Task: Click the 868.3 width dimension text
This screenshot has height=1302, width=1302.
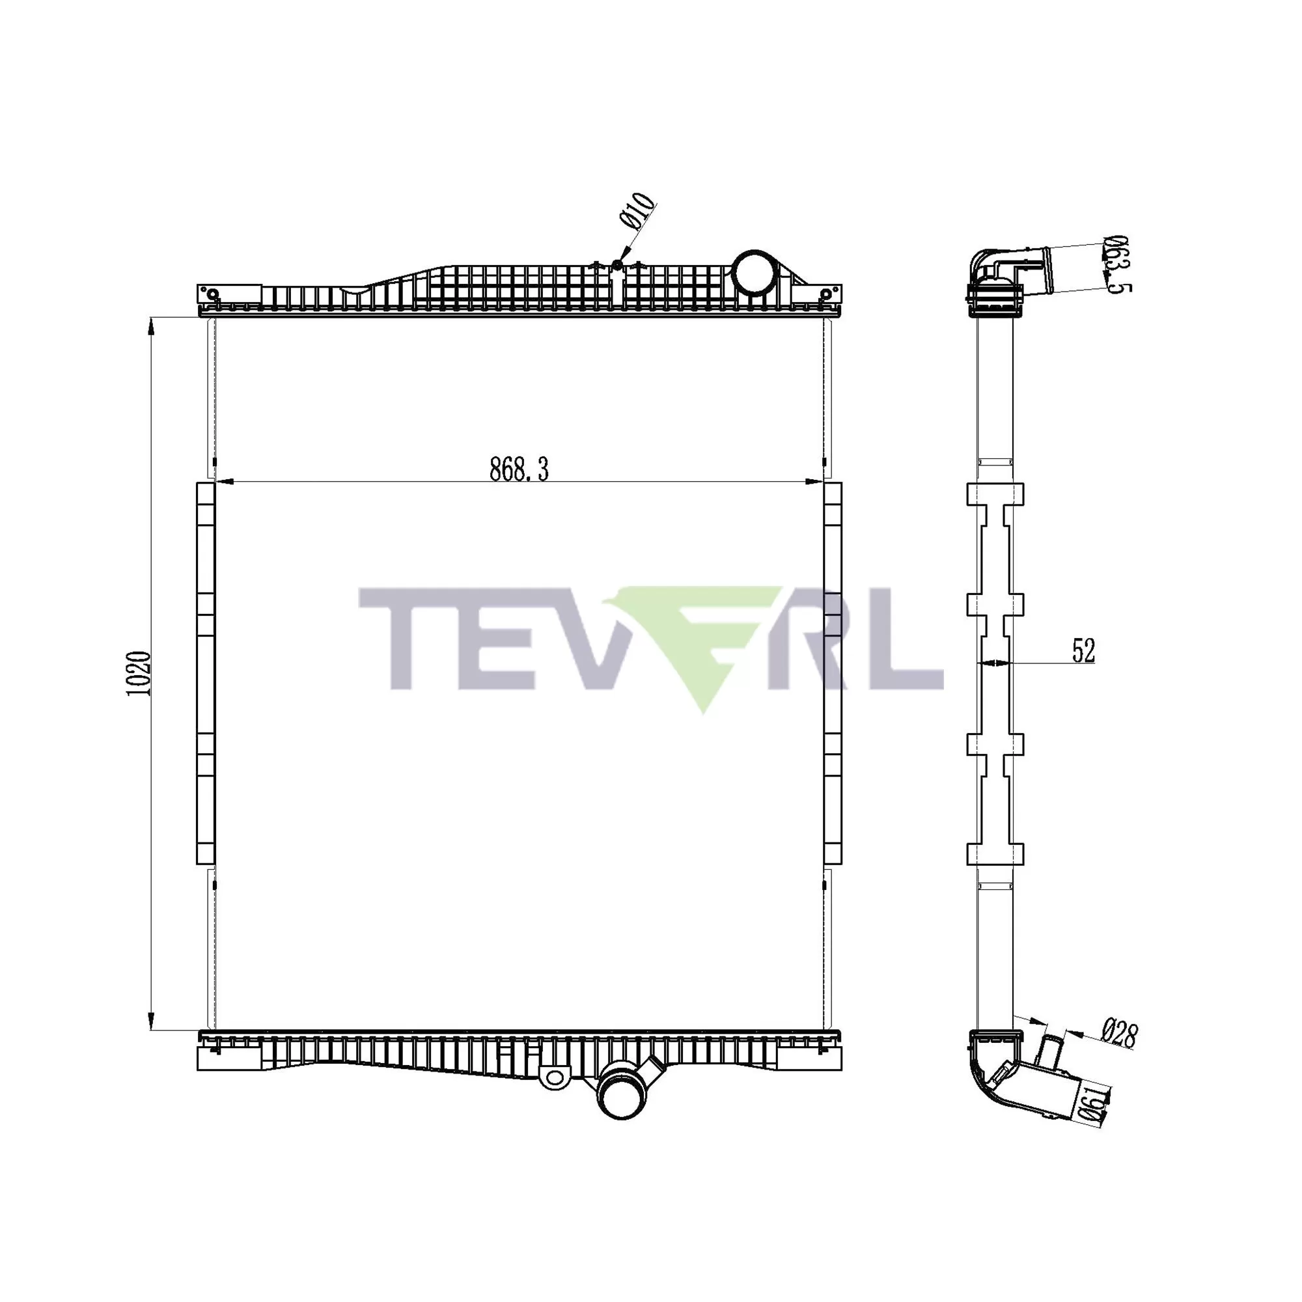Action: tap(519, 469)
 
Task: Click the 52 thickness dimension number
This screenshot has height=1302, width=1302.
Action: tap(1083, 650)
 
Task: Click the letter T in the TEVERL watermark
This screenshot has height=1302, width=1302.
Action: tap(404, 637)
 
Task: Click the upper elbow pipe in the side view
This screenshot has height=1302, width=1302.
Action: tap(1004, 270)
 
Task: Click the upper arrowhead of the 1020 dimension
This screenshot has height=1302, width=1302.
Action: tap(151, 326)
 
